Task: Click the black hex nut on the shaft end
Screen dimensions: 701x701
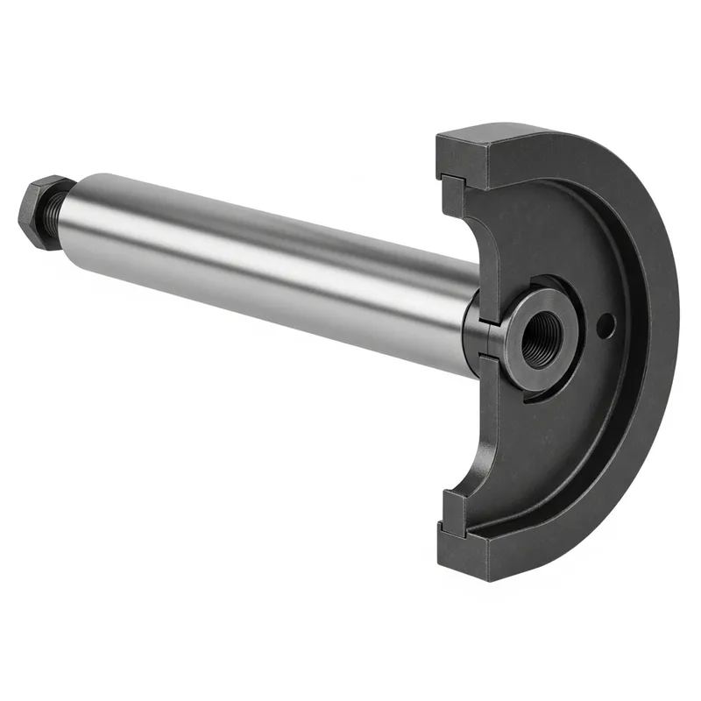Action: [41, 213]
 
